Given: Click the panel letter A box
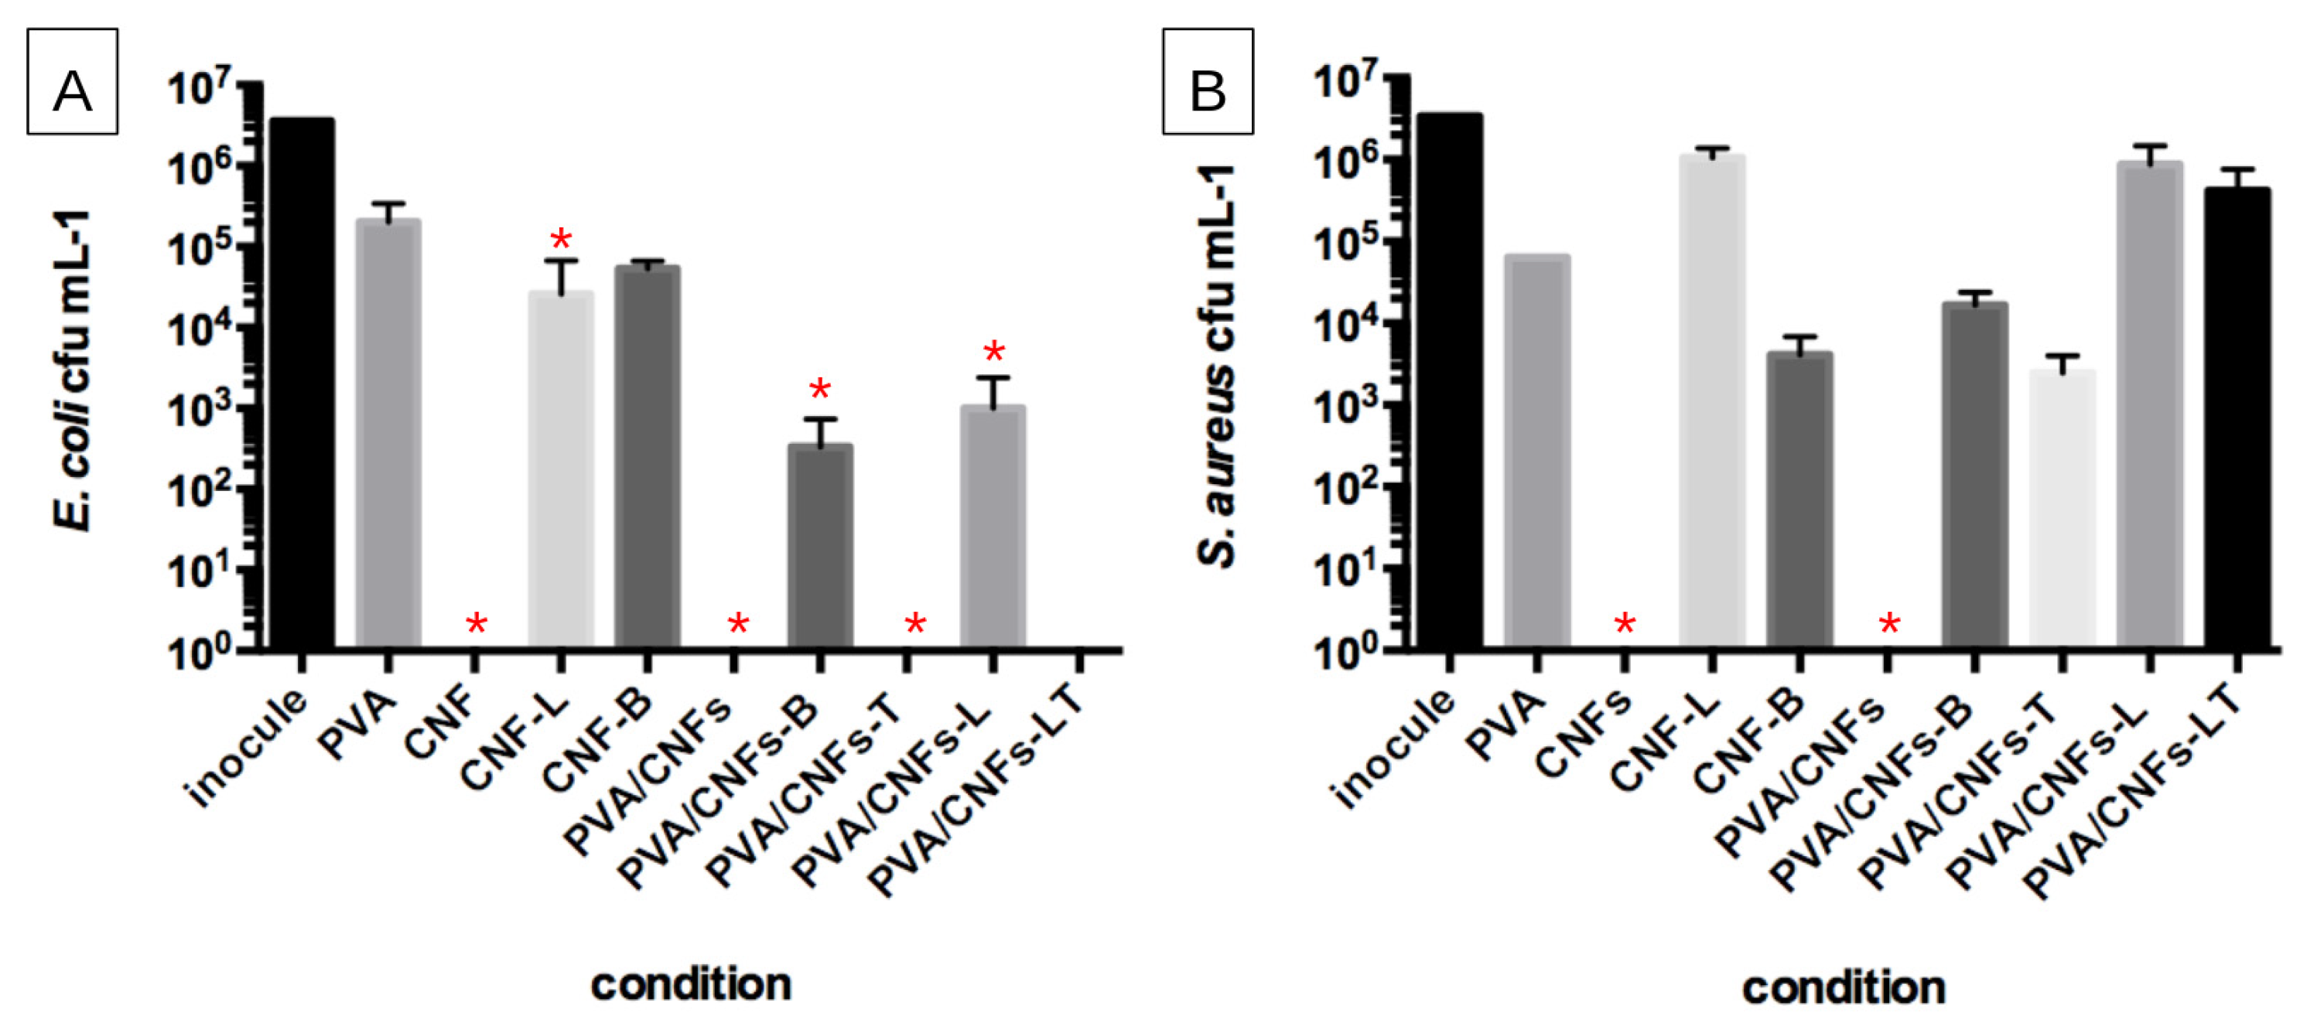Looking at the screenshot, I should [72, 81].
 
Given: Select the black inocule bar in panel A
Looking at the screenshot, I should [302, 384].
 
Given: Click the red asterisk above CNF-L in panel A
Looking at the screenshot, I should [561, 239].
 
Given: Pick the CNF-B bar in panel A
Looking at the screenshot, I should [648, 455].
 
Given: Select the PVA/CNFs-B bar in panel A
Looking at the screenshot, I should [819, 544].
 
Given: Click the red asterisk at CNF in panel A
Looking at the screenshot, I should [476, 624].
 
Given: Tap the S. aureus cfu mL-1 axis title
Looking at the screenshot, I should [1216, 366].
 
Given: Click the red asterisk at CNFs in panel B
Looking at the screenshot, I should [1625, 624].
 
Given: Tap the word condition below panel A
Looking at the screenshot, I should [691, 984].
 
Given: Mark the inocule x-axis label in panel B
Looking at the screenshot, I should [1393, 750].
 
